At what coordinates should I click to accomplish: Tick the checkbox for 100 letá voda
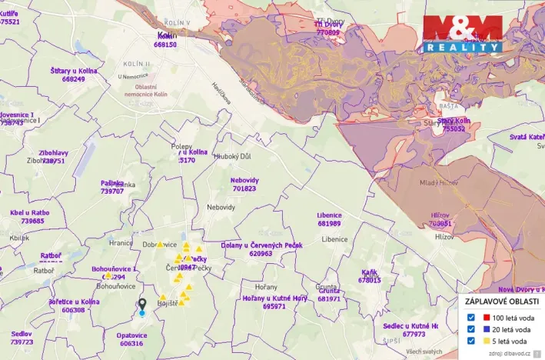(x=470, y=316)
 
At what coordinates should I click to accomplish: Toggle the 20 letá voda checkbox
(x=470, y=328)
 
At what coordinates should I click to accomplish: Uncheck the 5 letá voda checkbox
(x=470, y=341)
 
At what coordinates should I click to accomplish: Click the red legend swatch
(x=487, y=316)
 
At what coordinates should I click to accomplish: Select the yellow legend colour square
(x=487, y=341)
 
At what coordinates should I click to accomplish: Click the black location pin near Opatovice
(x=141, y=305)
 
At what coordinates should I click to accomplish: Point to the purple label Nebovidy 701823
(x=244, y=184)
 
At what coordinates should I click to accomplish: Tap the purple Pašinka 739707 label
(x=112, y=187)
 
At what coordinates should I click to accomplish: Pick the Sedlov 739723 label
(x=22, y=338)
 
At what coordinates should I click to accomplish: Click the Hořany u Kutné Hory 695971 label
(x=274, y=302)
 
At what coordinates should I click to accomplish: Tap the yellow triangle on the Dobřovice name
(x=160, y=244)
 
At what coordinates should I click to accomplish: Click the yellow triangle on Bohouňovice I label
(x=108, y=275)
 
